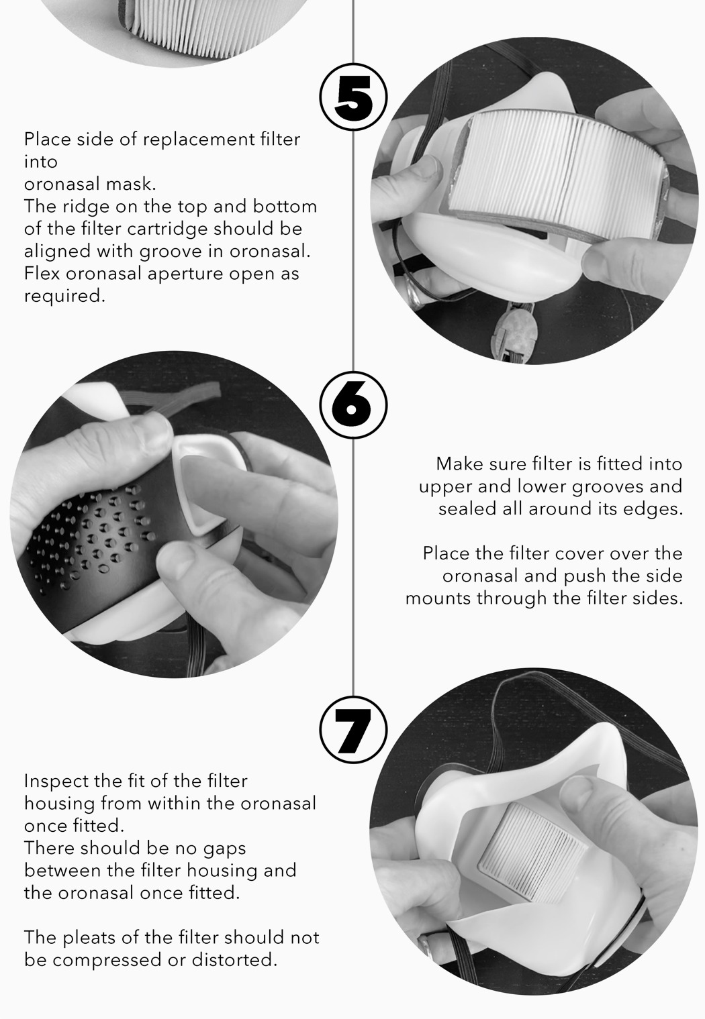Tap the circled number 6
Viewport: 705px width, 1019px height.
(353, 404)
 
